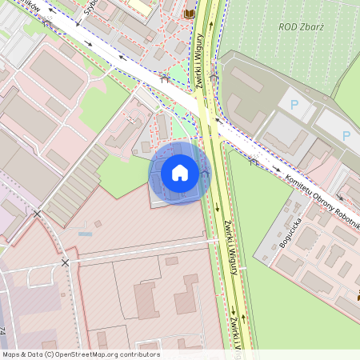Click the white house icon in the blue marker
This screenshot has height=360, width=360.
(x=180, y=173)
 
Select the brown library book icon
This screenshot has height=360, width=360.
(x=189, y=14)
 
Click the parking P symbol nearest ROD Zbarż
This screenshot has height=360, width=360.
(x=294, y=104)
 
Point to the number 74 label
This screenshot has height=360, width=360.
(x=3, y=331)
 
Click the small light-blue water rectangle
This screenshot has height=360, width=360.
(x=85, y=234)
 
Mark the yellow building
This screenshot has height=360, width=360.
(x=140, y=6)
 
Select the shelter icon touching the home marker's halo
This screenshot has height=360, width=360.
(x=206, y=173)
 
